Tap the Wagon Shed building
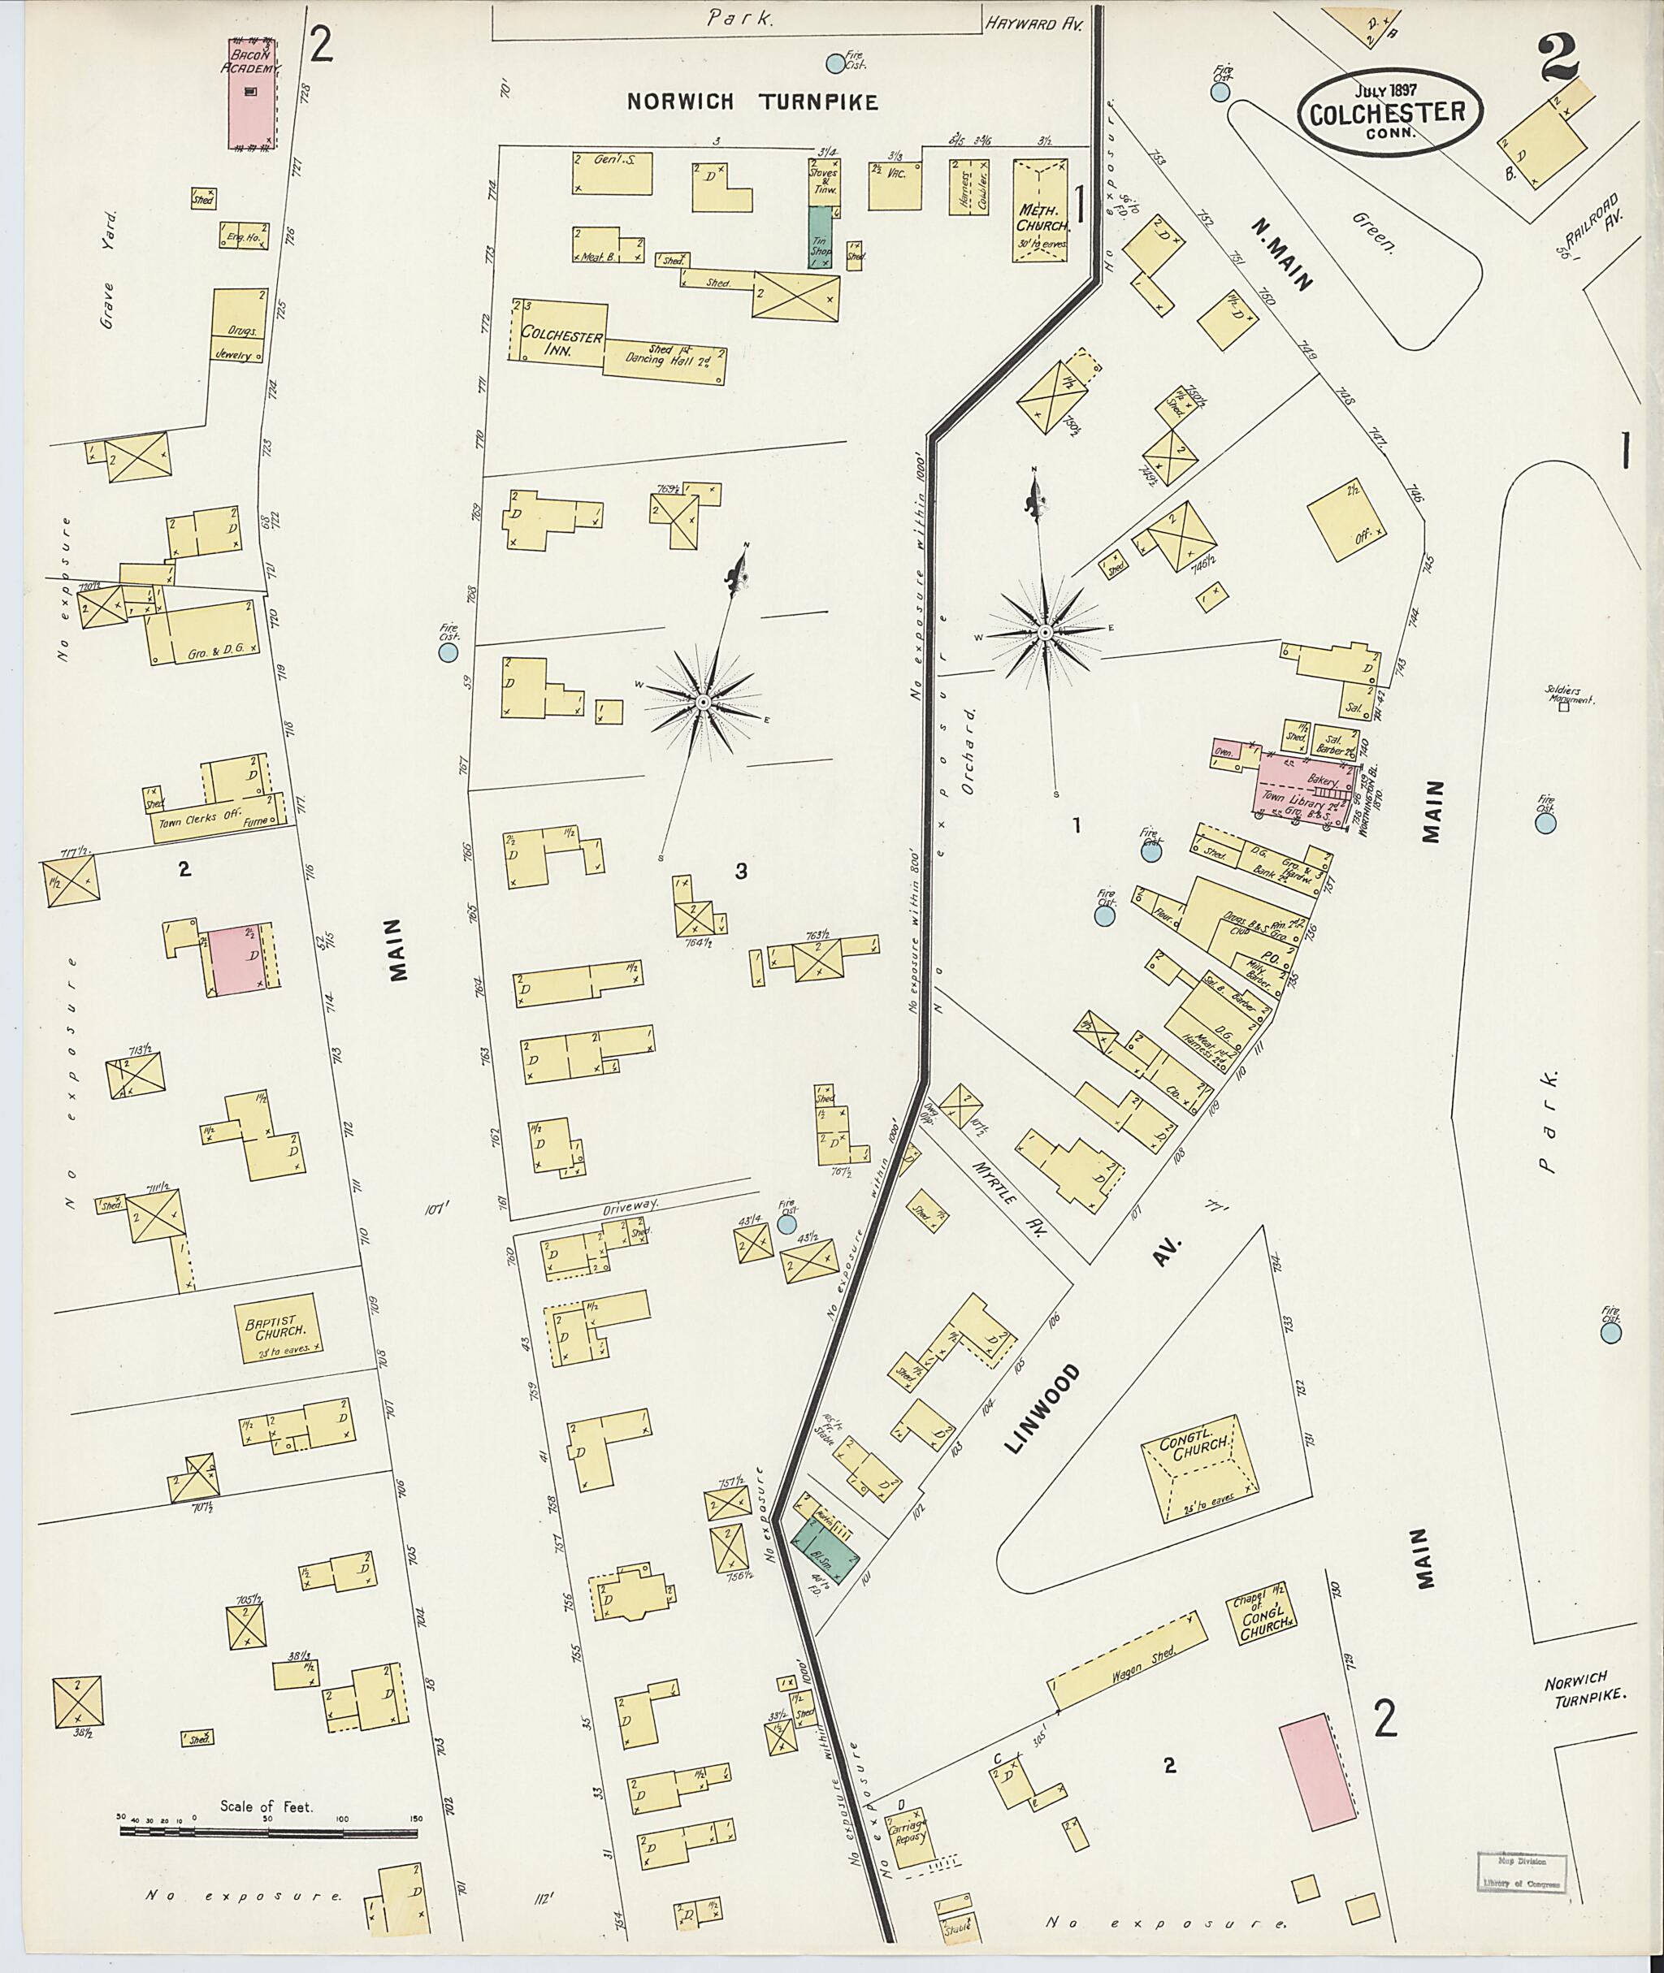1129,1657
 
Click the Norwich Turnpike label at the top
752,102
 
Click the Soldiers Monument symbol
1563,707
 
